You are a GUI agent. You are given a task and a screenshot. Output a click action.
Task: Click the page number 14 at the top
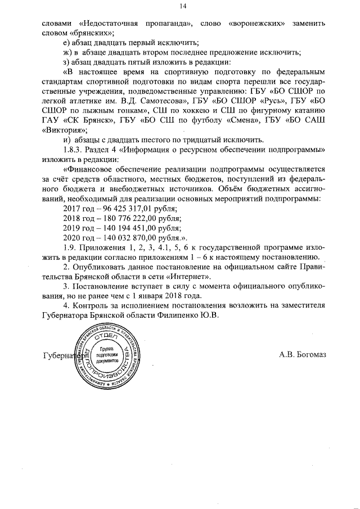tap(182, 6)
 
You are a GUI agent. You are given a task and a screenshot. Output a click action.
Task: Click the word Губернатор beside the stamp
tap(62, 355)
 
